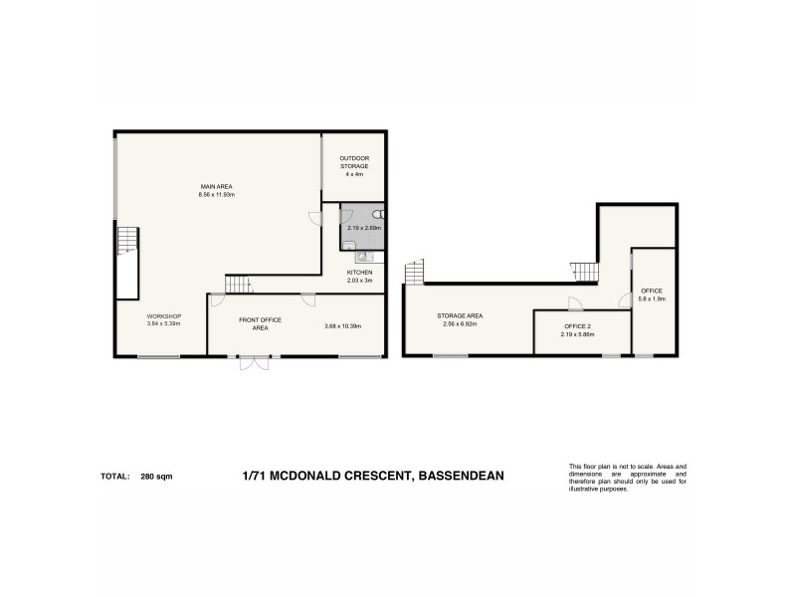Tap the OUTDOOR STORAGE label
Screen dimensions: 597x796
click(x=354, y=161)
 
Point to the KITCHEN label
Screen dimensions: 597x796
click(x=359, y=273)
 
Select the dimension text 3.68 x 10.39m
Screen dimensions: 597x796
click(x=342, y=326)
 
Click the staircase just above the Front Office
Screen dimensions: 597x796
click(x=237, y=286)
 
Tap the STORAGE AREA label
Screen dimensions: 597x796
click(x=459, y=315)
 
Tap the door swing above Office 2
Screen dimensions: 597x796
click(x=575, y=303)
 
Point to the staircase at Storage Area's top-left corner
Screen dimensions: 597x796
click(x=413, y=271)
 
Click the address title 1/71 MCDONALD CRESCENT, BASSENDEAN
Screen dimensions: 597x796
click(x=373, y=476)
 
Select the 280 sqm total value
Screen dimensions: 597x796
click(x=156, y=477)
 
